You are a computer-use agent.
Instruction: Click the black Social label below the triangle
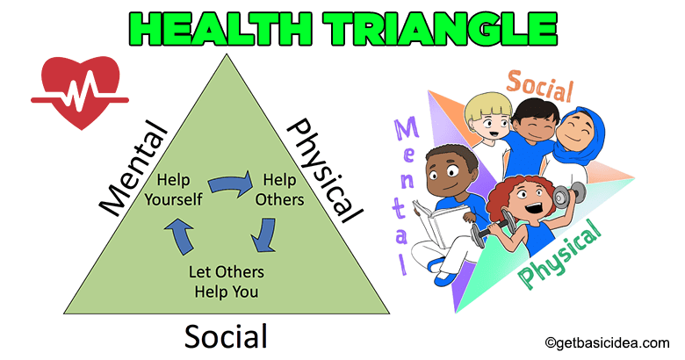(225, 335)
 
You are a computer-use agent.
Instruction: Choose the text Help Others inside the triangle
(278, 190)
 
